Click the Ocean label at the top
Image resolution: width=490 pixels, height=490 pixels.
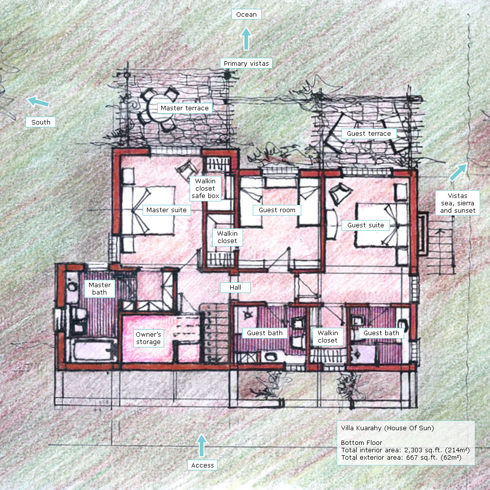246,14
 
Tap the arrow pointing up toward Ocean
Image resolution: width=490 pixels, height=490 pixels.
246,39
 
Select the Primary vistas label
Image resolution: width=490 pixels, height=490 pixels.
246,63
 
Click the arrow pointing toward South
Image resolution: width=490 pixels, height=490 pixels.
38,101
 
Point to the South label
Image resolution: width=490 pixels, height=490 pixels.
41,122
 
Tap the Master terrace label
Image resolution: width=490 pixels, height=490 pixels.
185,108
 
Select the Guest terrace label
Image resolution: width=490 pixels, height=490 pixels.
369,134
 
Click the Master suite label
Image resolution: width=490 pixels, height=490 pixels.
167,210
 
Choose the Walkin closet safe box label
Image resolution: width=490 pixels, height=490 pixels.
205,189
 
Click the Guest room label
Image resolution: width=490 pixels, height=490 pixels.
277,210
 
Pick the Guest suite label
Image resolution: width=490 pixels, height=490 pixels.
366,225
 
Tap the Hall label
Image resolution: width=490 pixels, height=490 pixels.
235,288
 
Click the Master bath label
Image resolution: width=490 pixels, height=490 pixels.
99,289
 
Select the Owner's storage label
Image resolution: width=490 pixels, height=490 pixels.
148,338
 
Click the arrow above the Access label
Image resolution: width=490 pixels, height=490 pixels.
202,445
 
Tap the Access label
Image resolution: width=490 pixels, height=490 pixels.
202,465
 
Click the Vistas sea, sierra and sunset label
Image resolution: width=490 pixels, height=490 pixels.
458,203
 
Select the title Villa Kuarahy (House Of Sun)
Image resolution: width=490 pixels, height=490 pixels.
388,428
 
